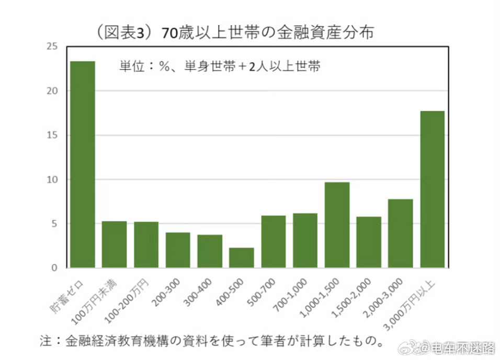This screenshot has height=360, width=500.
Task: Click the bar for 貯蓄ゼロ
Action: click(x=83, y=164)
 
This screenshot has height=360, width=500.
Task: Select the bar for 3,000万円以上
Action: click(x=432, y=189)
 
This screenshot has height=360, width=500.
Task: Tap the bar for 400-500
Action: click(x=242, y=257)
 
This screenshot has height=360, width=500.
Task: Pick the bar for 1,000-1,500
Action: click(x=337, y=225)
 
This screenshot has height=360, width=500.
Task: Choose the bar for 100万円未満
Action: click(x=115, y=244)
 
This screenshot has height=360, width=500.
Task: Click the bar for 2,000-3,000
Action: click(x=400, y=233)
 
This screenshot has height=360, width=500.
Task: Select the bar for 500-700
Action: click(x=274, y=242)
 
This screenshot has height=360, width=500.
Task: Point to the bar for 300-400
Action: click(x=210, y=251)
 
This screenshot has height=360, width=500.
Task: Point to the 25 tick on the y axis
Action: click(x=51, y=47)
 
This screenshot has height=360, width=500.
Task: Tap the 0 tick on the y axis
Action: click(x=54, y=268)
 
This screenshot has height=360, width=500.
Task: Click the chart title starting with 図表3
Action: click(x=235, y=32)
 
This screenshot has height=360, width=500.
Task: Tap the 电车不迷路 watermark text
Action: click(x=465, y=348)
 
